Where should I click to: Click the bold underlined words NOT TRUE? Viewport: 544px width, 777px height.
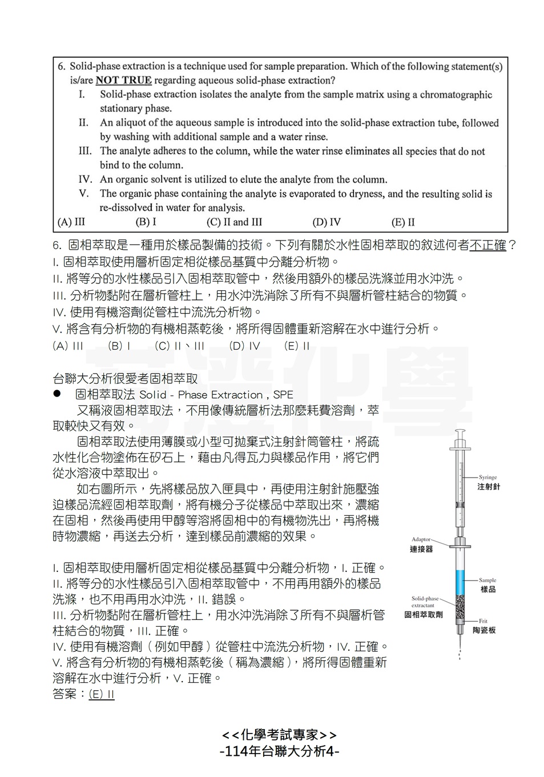[123, 81]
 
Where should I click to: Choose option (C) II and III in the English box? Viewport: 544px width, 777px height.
[234, 222]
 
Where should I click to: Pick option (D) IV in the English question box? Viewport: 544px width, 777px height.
[327, 222]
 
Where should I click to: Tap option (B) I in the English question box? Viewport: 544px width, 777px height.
[146, 222]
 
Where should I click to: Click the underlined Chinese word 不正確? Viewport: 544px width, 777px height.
[487, 246]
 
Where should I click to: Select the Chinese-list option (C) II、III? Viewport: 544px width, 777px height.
[180, 346]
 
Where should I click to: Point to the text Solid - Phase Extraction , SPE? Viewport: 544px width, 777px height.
[216, 395]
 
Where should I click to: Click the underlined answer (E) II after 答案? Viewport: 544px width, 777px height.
[102, 695]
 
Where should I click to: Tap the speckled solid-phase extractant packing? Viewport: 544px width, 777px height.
[460, 608]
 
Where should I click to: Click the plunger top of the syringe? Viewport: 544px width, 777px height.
[460, 432]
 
